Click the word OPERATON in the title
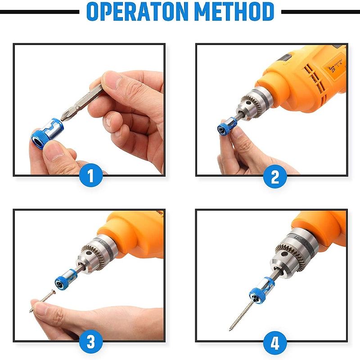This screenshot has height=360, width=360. (x=137, y=12)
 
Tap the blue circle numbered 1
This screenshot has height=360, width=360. (x=91, y=175)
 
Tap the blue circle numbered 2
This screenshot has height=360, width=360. (x=275, y=176)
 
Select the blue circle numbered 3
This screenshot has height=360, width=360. (x=91, y=342)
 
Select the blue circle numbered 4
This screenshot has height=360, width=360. (x=275, y=342)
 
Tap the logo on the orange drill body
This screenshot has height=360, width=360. (x=332, y=69)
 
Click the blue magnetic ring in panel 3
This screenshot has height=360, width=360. (x=65, y=279)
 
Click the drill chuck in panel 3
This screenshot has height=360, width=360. (x=96, y=254)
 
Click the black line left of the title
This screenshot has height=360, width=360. (x=40, y=12)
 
